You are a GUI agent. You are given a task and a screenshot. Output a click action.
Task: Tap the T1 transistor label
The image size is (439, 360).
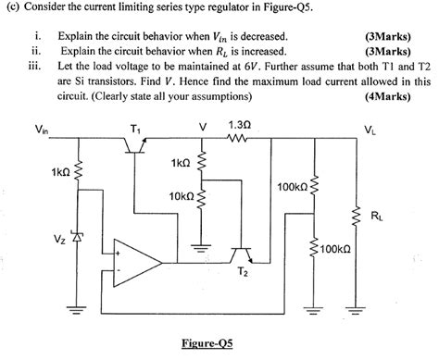(x=138, y=128)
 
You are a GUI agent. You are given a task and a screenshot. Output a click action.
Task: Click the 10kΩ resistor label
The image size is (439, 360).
(x=181, y=196)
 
